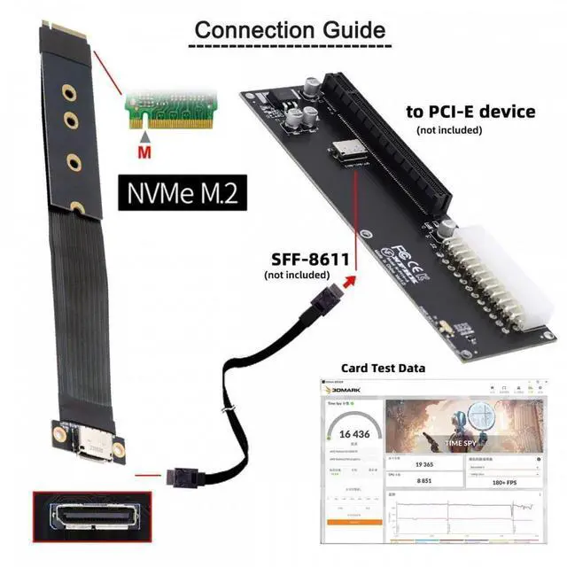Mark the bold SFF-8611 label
point(309,260)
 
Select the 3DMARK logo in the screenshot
point(346,390)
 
